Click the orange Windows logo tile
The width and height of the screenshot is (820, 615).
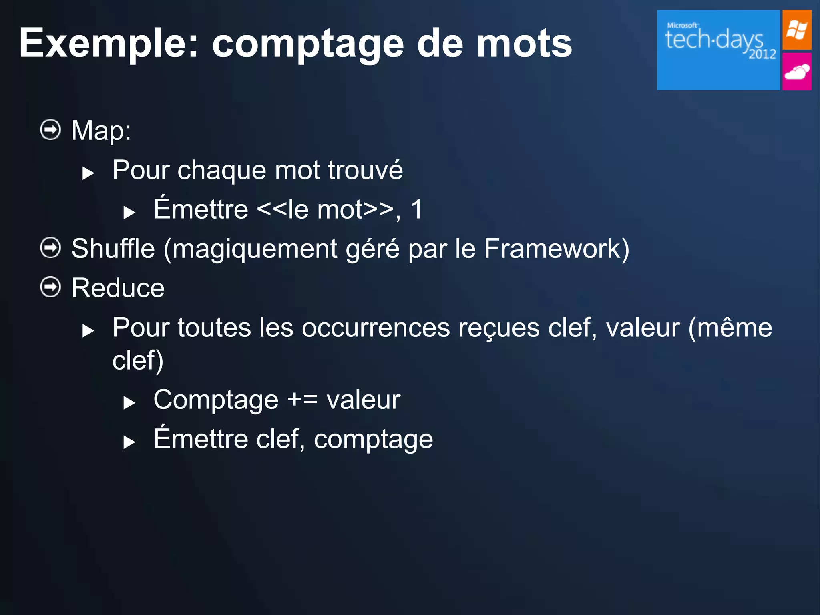796,30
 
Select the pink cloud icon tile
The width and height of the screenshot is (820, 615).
796,72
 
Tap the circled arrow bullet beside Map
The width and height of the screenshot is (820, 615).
50,130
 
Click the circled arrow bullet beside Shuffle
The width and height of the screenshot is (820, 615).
50,248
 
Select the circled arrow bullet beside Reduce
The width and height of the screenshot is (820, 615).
50,287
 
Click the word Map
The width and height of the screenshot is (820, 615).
100,131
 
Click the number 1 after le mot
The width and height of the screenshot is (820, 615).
417,209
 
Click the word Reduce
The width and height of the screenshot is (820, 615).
118,288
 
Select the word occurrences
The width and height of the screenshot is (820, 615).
376,328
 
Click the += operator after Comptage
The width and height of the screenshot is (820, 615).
302,400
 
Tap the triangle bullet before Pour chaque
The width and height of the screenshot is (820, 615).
88,173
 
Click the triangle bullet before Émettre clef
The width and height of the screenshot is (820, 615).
129,442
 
